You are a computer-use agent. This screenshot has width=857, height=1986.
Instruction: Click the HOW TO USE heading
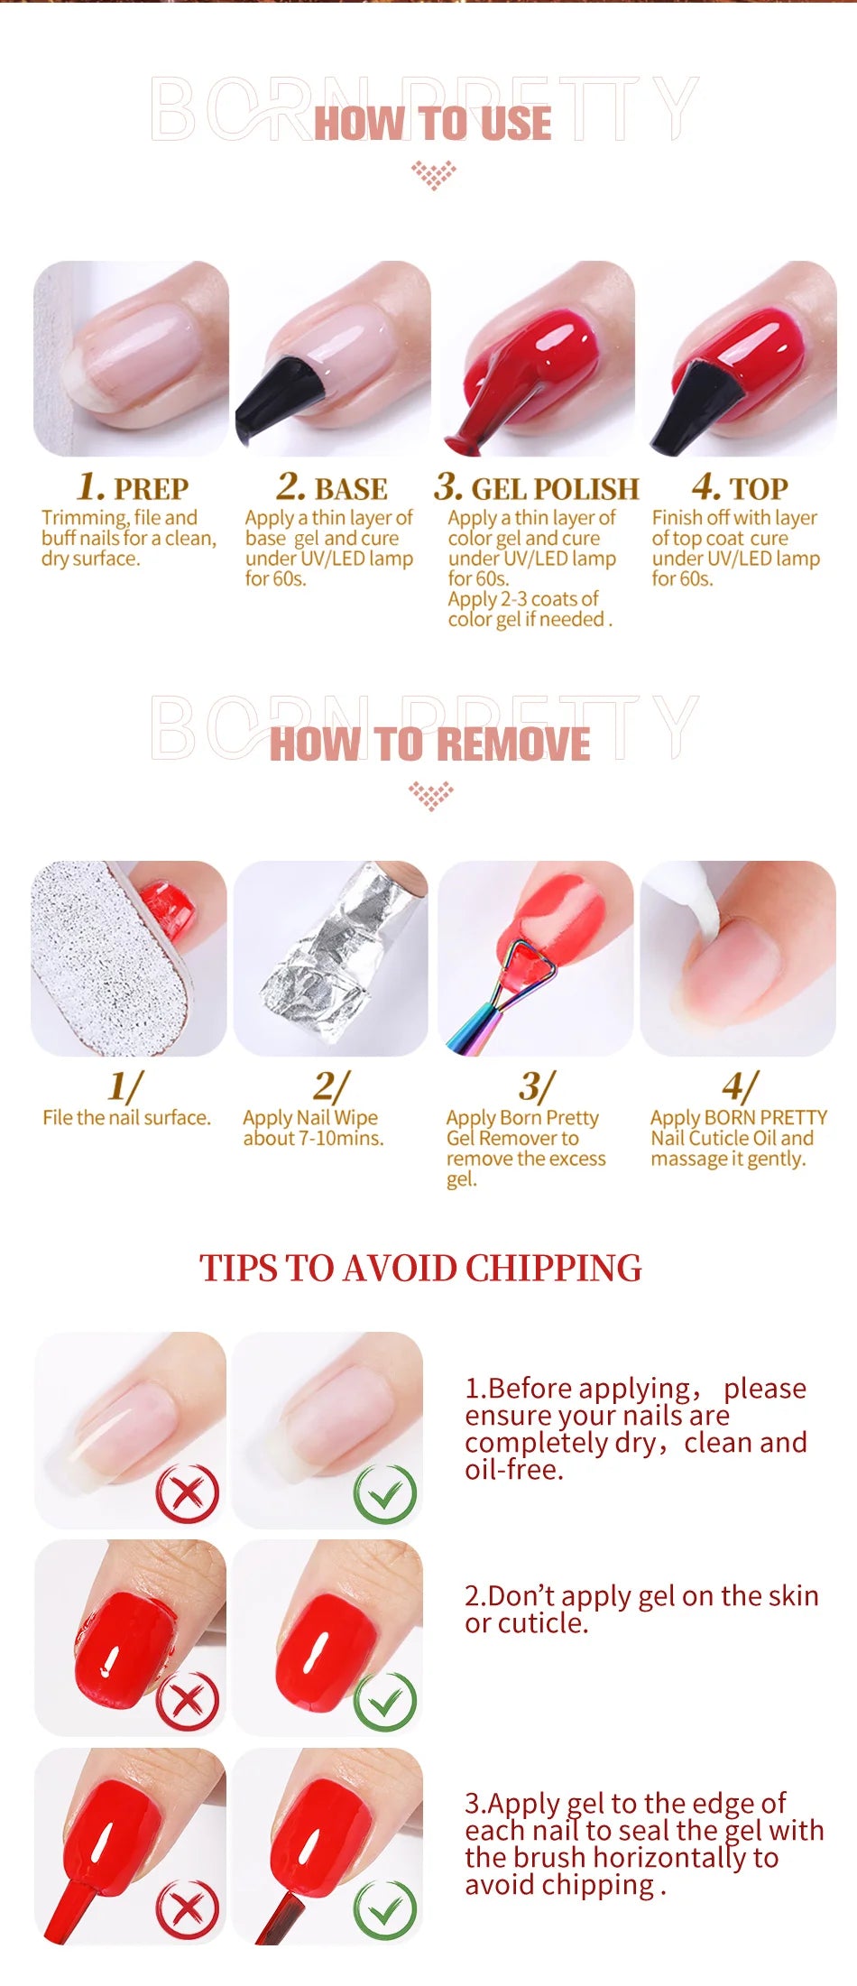(432, 124)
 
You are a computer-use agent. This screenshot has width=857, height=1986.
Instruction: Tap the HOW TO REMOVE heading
(429, 745)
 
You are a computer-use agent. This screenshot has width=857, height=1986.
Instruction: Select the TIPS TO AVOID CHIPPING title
(420, 1268)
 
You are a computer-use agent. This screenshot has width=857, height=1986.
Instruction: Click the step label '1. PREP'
(133, 487)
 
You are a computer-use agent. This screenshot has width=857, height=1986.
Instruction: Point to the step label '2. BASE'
(332, 487)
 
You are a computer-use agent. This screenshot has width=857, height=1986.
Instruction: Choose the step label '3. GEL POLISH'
(536, 487)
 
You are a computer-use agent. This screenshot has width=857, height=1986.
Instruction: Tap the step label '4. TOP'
(740, 487)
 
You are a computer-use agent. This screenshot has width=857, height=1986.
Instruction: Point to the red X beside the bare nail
(187, 1494)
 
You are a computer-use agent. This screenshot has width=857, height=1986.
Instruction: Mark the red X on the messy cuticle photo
(187, 1702)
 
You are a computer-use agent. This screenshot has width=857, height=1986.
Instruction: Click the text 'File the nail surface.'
(126, 1118)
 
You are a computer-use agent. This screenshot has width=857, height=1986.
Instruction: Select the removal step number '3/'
(536, 1085)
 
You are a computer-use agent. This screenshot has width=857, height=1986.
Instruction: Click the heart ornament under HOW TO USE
(433, 173)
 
